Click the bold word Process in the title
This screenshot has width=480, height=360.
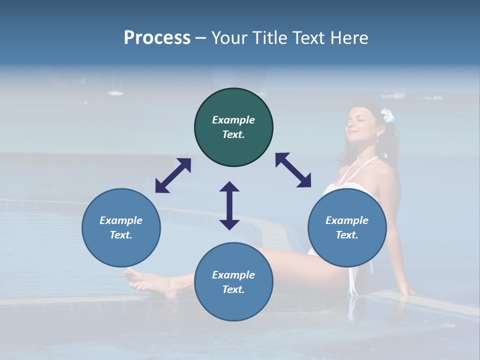pyautogui.click(x=157, y=38)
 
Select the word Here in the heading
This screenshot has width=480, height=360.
pyautogui.click(x=349, y=38)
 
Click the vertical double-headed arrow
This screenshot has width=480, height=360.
pyautogui.click(x=229, y=205)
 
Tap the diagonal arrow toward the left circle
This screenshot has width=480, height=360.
pyautogui.click(x=173, y=175)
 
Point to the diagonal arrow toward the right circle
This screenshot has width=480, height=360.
pyautogui.click(x=293, y=170)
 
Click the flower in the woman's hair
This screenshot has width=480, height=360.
pyautogui.click(x=387, y=115)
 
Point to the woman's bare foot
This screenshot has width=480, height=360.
pyautogui.click(x=142, y=281)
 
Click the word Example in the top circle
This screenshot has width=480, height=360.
pyautogui.click(x=233, y=120)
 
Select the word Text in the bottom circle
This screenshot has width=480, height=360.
pyautogui.click(x=232, y=289)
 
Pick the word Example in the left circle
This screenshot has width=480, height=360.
pyautogui.click(x=121, y=220)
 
